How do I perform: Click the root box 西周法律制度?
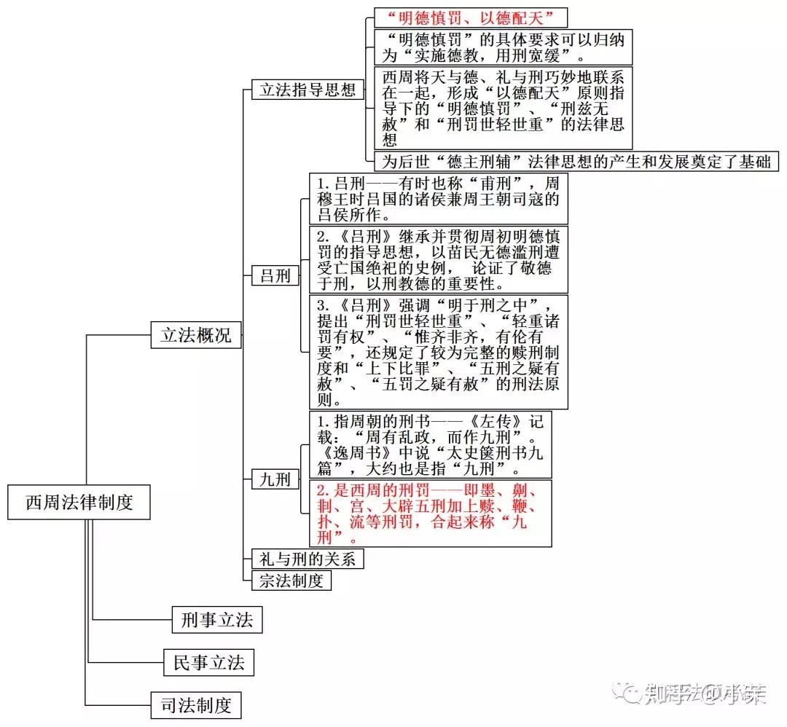(x=79, y=502)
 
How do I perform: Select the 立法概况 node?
(x=195, y=335)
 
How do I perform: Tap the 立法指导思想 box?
(x=308, y=90)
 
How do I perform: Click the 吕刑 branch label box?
(x=275, y=275)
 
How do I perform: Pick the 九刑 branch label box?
(x=275, y=479)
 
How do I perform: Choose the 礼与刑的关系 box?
(x=307, y=559)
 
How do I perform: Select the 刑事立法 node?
(x=216, y=620)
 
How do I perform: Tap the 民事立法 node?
(x=208, y=663)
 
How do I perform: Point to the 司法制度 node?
(x=196, y=705)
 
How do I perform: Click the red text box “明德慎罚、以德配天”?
(x=470, y=17)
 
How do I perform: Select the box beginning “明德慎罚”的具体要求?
(x=503, y=47)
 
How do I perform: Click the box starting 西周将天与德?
(x=503, y=108)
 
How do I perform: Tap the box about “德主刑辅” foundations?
(x=576, y=161)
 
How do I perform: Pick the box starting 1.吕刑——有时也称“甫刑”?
(x=438, y=198)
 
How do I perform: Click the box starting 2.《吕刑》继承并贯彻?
(x=438, y=259)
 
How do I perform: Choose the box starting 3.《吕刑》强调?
(x=438, y=350)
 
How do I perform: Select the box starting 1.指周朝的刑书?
(x=430, y=445)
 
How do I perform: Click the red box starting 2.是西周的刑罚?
(x=430, y=513)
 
